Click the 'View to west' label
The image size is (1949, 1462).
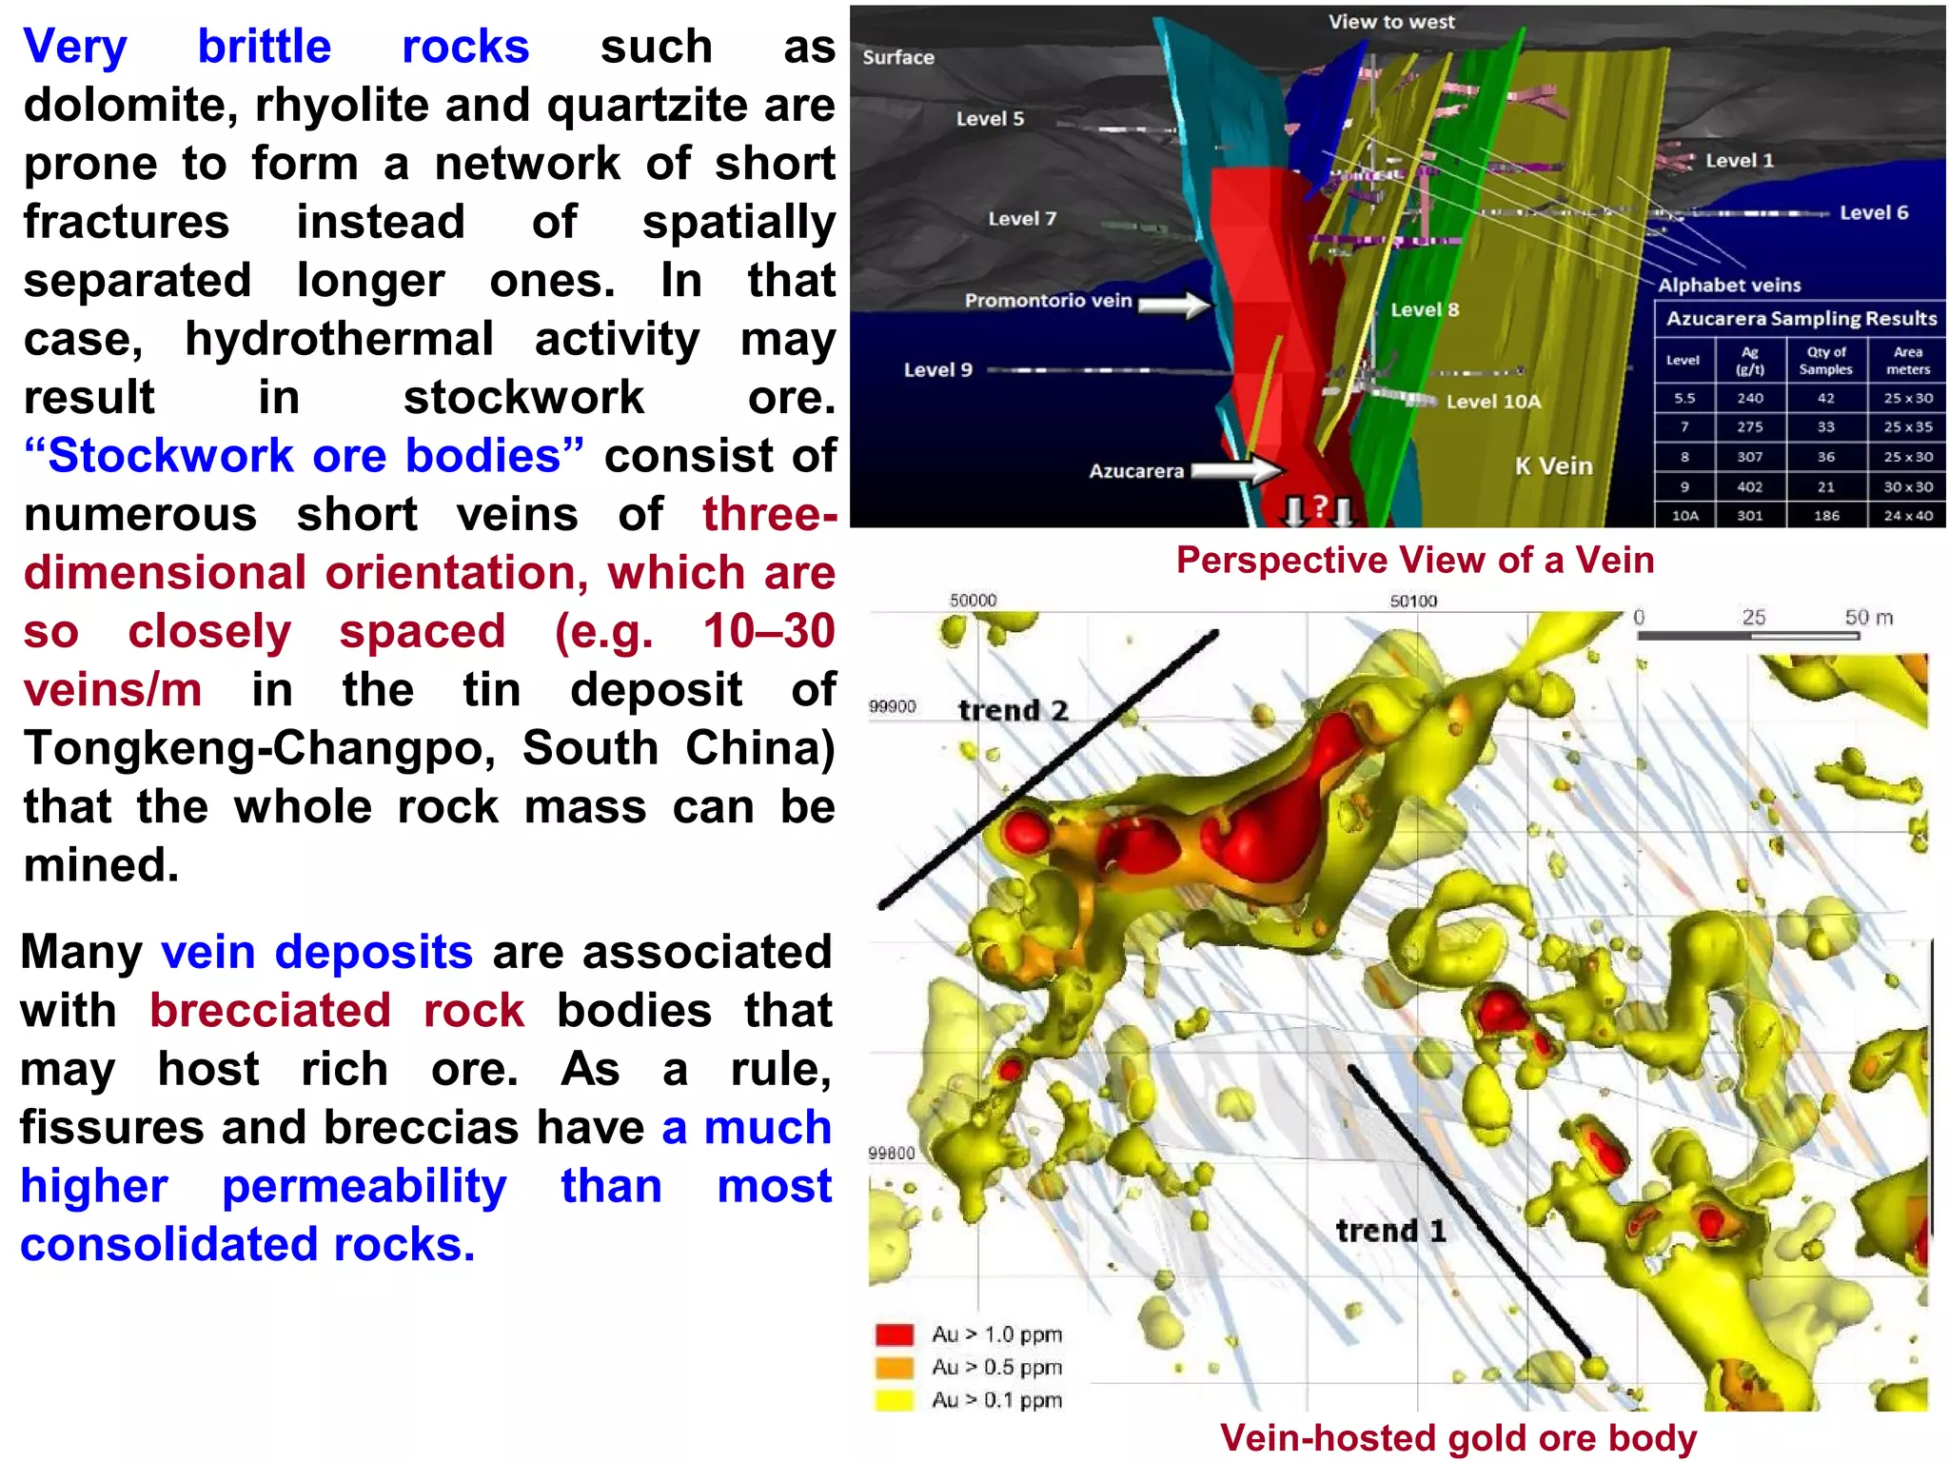click(x=1390, y=22)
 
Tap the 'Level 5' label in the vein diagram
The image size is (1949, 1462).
click(x=990, y=119)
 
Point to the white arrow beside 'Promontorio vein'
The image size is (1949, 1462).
click(x=1174, y=305)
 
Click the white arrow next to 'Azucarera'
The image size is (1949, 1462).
click(x=1236, y=469)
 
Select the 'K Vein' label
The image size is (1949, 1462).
click(x=1553, y=466)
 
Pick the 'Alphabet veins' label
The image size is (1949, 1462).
click(x=1729, y=285)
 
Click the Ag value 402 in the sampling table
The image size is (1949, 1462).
click(x=1749, y=486)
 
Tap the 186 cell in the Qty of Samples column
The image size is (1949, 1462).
click(x=1825, y=516)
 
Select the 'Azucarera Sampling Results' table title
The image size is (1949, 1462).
click(x=1801, y=319)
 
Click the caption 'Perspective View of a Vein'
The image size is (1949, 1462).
click(x=1414, y=560)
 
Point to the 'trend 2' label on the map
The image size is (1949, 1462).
click(x=1013, y=710)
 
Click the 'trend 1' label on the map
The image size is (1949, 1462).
click(x=1390, y=1231)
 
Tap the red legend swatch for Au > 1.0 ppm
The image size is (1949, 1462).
click(x=895, y=1334)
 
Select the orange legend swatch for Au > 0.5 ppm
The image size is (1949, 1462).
click(x=895, y=1368)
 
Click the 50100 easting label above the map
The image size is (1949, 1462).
click(x=1413, y=602)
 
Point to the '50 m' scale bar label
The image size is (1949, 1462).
click(x=1868, y=617)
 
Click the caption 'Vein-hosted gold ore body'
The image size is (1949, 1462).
click(x=1457, y=1437)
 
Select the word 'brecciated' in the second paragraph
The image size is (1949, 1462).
click(x=269, y=1010)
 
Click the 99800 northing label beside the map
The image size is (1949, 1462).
click(x=891, y=1154)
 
